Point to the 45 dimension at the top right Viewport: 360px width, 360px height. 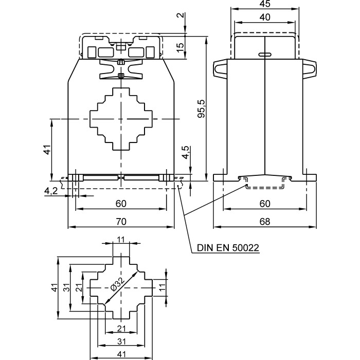[x=265, y=5]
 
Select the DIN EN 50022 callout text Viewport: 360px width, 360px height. [x=227, y=248]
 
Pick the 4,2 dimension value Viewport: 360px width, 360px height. [x=51, y=191]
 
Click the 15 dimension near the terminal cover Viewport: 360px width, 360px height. [x=179, y=46]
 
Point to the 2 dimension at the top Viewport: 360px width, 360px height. [x=179, y=15]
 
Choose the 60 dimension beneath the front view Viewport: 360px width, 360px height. [x=121, y=204]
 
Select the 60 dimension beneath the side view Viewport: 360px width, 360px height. [x=265, y=204]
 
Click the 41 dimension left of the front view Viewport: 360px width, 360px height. [x=46, y=150]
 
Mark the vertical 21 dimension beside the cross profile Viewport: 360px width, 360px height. [x=79, y=288]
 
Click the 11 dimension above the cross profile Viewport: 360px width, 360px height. [x=121, y=239]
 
